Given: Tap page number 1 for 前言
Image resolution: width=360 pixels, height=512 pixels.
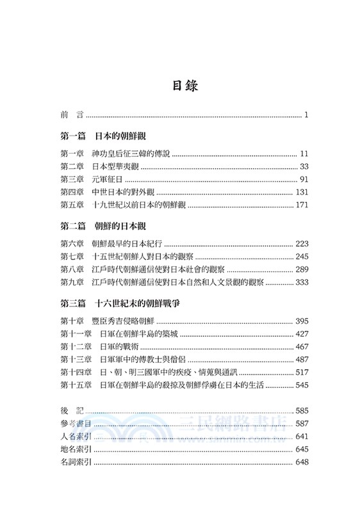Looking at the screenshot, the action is click(x=307, y=116).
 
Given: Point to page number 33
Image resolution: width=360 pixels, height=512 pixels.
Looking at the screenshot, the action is click(x=304, y=167).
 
